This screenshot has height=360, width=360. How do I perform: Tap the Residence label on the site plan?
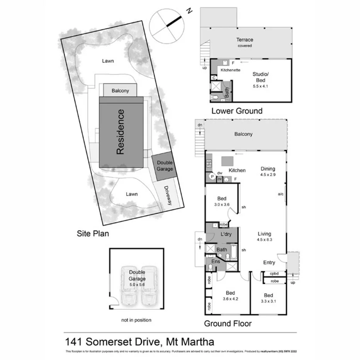pyautogui.click(x=121, y=132)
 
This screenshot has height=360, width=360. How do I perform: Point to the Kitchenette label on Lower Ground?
pyautogui.click(x=231, y=70)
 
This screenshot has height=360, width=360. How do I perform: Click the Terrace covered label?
pyautogui.click(x=245, y=42)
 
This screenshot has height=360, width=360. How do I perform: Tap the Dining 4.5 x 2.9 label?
pyautogui.click(x=268, y=172)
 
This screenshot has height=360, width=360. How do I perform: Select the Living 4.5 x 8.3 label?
pyautogui.click(x=265, y=237)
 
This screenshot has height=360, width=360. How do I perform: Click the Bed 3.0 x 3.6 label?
pyautogui.click(x=221, y=202)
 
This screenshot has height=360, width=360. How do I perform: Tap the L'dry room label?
pyautogui.click(x=226, y=235)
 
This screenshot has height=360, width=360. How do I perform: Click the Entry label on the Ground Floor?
pyautogui.click(x=269, y=263)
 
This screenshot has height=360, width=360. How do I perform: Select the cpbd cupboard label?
pyautogui.click(x=275, y=274)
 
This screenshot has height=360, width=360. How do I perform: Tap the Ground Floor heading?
pyautogui.click(x=228, y=324)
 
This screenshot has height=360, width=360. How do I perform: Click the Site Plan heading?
pyautogui.click(x=93, y=233)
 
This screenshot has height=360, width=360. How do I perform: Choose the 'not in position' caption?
pyautogui.click(x=136, y=320)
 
